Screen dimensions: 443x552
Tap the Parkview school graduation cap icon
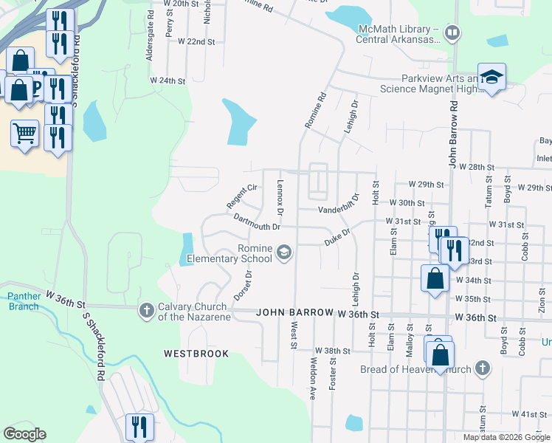coord(491,77)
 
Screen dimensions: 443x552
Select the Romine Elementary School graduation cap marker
coord(283,254)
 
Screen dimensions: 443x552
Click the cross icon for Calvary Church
coord(146,311)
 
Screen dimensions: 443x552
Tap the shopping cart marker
coord(24,134)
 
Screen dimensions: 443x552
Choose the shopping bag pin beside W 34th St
coord(435,278)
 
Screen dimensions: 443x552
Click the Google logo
coord(24,434)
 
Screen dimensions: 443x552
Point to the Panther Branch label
coord(24,301)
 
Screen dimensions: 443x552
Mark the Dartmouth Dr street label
coord(256,222)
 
